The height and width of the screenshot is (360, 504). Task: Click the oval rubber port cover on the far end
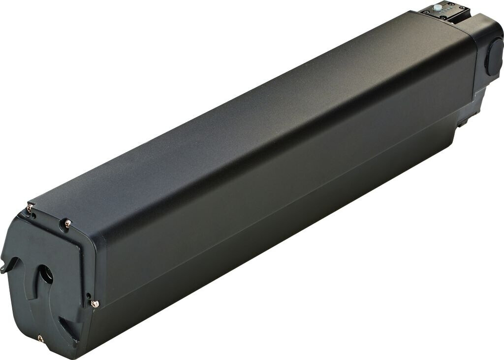pos(494,57)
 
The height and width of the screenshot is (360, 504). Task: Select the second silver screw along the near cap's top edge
pos(67,224)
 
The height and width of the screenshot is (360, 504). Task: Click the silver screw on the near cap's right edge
pos(95,304)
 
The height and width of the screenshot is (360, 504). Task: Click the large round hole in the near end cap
pos(46,274)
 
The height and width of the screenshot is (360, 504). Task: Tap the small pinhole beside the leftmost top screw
pos(34,215)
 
